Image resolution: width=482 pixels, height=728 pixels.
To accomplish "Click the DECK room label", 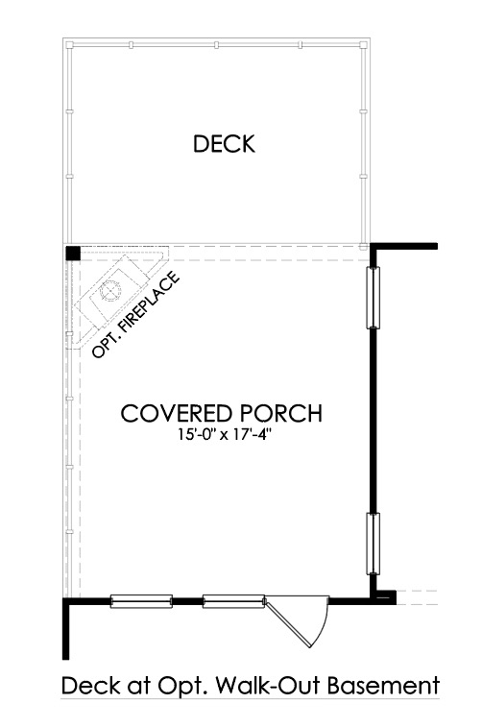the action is pyautogui.click(x=224, y=144).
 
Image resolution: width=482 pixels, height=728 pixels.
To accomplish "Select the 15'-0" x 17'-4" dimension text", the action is pyautogui.click(x=224, y=434).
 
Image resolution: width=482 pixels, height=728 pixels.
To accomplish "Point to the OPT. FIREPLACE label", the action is pyautogui.click(x=136, y=315).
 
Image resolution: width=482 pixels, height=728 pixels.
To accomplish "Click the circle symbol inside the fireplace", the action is pyautogui.click(x=111, y=291).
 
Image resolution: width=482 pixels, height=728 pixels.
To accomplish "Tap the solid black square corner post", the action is pyautogui.click(x=73, y=253).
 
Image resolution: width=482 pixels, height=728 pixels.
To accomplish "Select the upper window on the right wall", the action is pyautogui.click(x=373, y=297).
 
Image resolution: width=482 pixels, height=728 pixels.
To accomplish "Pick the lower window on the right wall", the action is pyautogui.click(x=373, y=544).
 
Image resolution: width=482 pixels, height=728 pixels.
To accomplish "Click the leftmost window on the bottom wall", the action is pyautogui.click(x=141, y=601).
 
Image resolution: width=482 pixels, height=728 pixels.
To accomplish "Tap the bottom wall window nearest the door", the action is pyautogui.click(x=233, y=601).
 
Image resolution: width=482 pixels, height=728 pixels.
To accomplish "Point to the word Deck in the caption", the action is pyautogui.click(x=88, y=686).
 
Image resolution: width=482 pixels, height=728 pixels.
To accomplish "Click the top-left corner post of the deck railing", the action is pyautogui.click(x=69, y=45).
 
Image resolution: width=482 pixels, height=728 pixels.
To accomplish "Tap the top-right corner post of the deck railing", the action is pyautogui.click(x=364, y=45).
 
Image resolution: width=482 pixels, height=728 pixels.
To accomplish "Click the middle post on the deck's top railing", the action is pyautogui.click(x=216, y=45).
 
